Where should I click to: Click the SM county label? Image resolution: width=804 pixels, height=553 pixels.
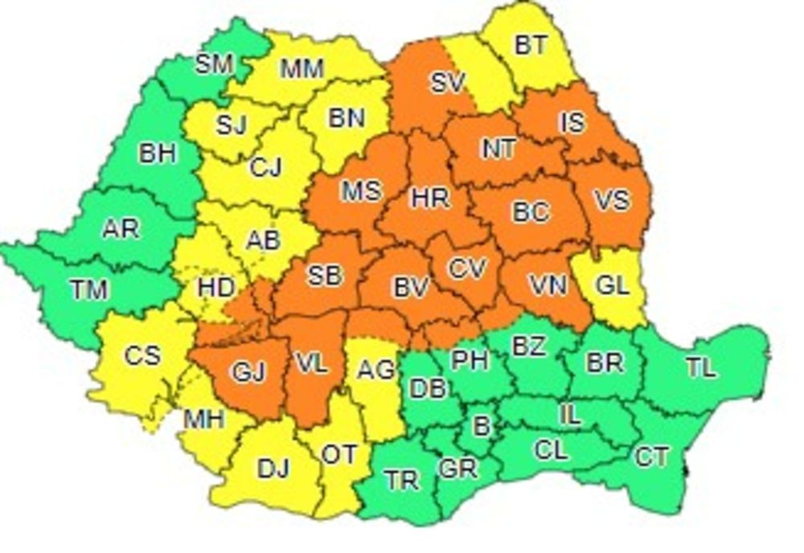pos(214,64)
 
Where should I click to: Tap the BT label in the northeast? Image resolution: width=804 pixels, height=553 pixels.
pos(531,45)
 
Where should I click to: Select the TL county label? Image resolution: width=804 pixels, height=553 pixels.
pos(701,368)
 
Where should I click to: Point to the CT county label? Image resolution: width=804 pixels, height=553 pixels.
pos(651,457)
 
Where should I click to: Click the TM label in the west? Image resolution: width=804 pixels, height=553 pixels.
pos(88,289)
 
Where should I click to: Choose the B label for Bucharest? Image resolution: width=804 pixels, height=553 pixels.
pos(482,425)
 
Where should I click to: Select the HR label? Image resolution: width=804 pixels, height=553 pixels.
pos(430,197)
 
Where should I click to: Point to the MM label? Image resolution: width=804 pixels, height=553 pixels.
pos(302,69)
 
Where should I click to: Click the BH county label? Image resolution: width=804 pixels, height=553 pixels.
pos(158,153)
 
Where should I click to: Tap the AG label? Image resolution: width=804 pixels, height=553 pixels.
pos(375,370)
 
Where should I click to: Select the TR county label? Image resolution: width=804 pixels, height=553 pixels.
pos(401,480)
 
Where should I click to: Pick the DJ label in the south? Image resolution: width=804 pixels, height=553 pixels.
pos(273,469)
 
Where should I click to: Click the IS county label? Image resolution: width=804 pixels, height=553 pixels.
pos(572,122)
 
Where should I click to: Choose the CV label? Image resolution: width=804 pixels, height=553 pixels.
pos(467,268)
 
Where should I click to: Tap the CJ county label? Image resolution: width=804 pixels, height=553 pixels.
pos(265,168)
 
